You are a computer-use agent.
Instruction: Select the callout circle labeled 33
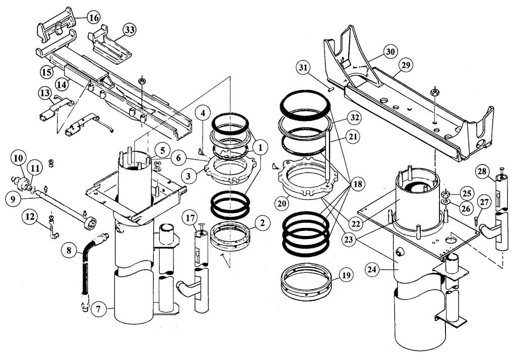pos(130,30)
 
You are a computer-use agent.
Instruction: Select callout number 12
pos(31,217)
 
